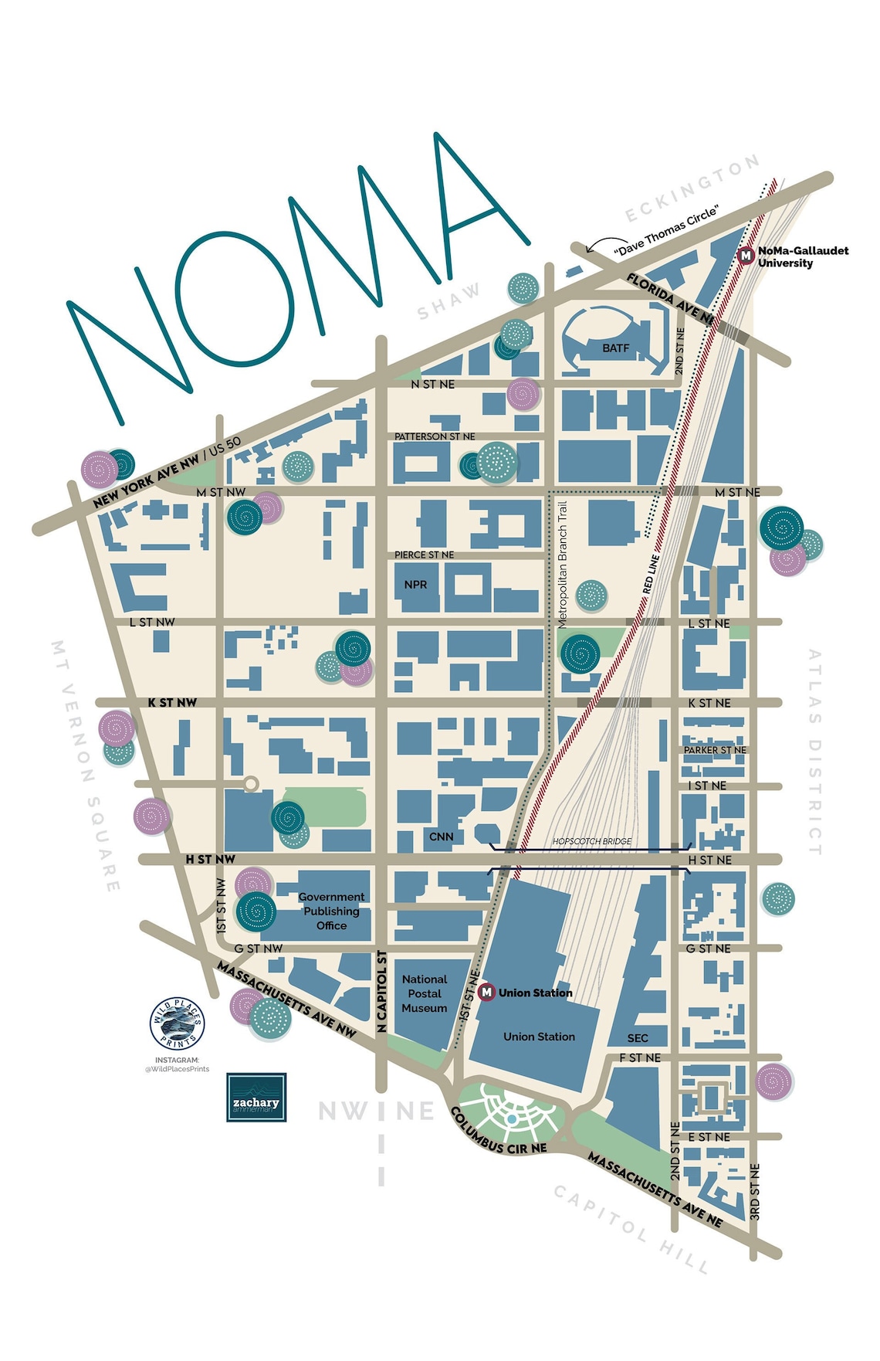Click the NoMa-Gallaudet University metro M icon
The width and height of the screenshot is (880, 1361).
point(746,256)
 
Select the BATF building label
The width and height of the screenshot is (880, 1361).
point(615,348)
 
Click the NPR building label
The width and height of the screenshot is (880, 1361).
point(415,585)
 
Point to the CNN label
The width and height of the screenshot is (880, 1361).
point(441,837)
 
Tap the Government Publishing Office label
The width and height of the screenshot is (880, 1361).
point(331,911)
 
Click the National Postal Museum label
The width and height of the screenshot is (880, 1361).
point(425,993)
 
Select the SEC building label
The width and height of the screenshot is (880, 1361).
point(638,1038)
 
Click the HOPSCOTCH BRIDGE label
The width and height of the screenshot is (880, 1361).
point(592,841)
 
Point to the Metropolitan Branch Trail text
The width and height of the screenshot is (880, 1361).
point(562,564)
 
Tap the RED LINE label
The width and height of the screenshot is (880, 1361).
point(649,574)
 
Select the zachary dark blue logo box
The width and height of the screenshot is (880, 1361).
point(256,1097)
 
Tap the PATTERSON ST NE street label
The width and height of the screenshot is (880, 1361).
point(435,436)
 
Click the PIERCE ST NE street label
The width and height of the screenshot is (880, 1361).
point(424,555)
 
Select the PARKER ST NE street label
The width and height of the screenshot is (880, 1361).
point(715,750)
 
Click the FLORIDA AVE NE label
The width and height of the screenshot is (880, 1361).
point(669,296)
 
